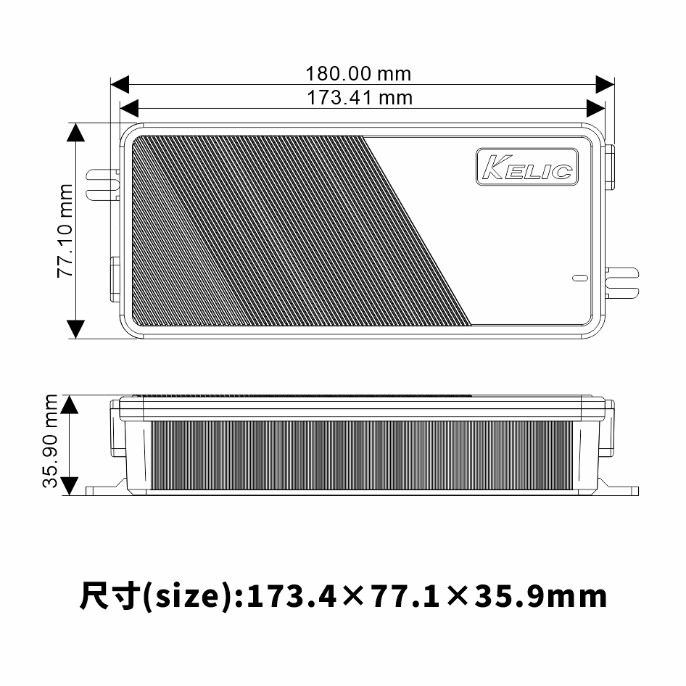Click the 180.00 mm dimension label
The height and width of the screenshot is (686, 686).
(358, 74)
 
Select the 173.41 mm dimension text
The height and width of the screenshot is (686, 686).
(359, 97)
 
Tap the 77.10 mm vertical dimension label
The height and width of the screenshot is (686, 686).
(66, 231)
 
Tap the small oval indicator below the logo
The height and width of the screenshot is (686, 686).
(579, 278)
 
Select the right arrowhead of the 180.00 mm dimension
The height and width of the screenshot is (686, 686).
(605, 84)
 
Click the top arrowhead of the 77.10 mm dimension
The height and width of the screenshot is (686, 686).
(76, 132)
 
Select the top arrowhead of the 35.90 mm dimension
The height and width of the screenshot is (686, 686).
(70, 404)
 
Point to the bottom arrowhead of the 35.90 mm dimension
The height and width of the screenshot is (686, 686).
(70, 486)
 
